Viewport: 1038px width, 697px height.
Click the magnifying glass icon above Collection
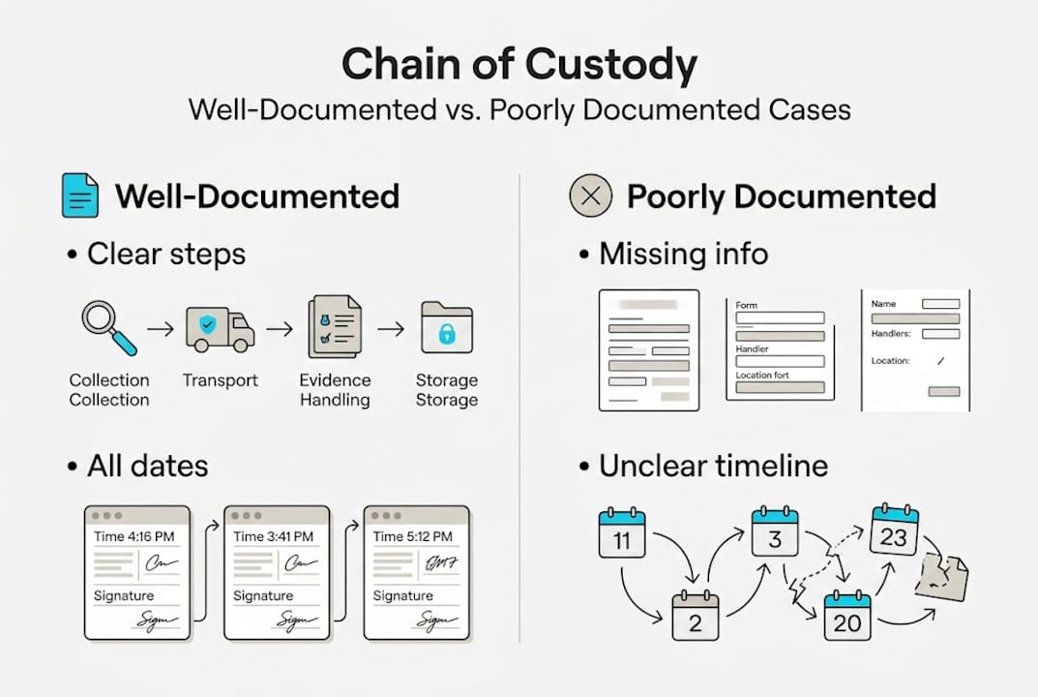click(107, 327)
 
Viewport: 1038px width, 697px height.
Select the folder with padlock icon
click(446, 328)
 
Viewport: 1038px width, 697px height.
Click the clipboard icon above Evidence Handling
click(334, 328)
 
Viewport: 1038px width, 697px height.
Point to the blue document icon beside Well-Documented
click(80, 197)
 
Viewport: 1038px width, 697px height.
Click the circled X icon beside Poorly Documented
click(591, 197)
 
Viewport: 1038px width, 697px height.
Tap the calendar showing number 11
click(622, 533)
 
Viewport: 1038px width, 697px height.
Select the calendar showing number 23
click(893, 529)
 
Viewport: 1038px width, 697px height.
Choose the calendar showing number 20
click(847, 616)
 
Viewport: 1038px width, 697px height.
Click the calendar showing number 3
click(775, 530)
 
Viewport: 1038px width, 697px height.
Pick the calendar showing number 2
click(696, 615)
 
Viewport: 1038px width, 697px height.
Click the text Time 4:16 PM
click(135, 536)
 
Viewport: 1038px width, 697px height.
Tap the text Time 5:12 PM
click(415, 536)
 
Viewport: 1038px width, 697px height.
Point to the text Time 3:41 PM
click(275, 536)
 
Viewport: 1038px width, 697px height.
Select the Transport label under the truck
click(221, 380)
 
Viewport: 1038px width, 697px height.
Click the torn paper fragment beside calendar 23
click(941, 577)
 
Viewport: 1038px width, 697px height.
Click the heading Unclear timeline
click(713, 466)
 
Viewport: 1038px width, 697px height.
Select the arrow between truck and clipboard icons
click(279, 329)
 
